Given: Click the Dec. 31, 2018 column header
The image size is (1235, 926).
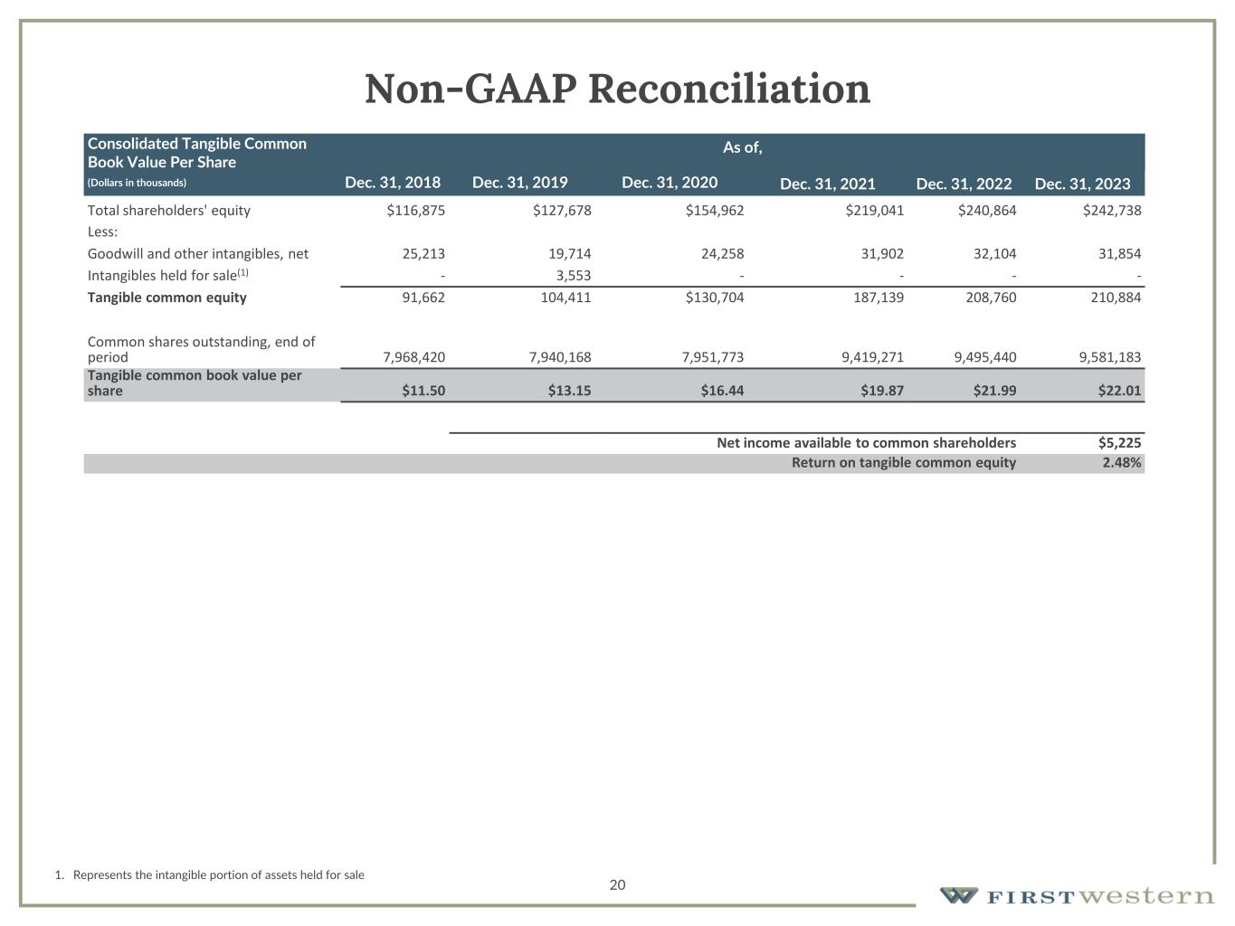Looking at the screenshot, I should point(393,183).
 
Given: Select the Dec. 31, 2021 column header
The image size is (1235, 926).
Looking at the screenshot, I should point(827,184).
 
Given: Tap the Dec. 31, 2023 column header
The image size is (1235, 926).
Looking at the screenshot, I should point(1082,184).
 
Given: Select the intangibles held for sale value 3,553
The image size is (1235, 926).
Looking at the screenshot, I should point(573,276).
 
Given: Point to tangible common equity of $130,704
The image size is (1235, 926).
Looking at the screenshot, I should point(715,298).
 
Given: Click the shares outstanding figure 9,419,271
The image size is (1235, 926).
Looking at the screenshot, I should point(863,357).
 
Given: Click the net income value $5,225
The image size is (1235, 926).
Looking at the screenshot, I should point(1119,443).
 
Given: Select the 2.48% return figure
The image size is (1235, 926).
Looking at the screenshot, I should point(1121,463).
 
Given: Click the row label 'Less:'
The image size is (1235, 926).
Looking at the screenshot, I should point(102,232).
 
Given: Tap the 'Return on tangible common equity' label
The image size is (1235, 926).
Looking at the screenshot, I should point(903,463).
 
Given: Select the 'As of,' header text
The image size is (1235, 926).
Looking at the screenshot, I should point(742,147).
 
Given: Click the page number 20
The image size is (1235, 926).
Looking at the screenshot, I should point(617,884).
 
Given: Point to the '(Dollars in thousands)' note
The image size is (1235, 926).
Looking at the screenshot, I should point(137,183).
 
